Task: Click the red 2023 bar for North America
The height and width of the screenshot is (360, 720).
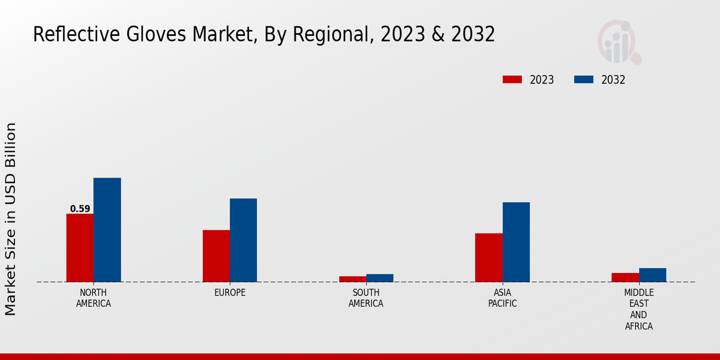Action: click(x=80, y=248)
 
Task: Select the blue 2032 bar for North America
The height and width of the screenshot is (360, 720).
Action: click(x=107, y=230)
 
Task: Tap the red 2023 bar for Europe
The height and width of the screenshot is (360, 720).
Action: click(x=216, y=256)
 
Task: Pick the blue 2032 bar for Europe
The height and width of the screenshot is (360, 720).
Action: click(x=243, y=240)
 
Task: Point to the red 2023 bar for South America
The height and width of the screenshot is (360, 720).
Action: click(x=352, y=279)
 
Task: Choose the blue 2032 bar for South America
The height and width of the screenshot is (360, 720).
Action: click(x=380, y=278)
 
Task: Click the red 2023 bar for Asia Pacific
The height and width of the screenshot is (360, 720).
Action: click(x=488, y=257)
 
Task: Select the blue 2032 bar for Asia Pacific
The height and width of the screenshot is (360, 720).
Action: click(x=516, y=242)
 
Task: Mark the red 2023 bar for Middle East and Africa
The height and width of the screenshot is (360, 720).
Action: click(x=625, y=277)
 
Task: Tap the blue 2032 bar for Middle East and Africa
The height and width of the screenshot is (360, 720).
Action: click(x=652, y=275)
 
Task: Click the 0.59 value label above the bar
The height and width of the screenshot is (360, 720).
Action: click(x=80, y=209)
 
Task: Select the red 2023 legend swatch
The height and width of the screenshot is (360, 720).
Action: click(x=512, y=80)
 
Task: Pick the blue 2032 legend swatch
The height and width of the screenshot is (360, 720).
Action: click(x=584, y=80)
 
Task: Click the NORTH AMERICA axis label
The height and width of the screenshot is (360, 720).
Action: click(x=93, y=298)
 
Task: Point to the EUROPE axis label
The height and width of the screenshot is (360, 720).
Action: click(x=230, y=293)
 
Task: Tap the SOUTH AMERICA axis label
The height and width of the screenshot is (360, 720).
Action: click(x=366, y=298)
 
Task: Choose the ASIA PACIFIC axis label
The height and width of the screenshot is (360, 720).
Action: click(x=502, y=298)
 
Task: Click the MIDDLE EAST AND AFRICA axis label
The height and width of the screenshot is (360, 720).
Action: click(x=638, y=310)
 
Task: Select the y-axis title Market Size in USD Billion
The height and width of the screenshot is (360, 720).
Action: click(x=11, y=219)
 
